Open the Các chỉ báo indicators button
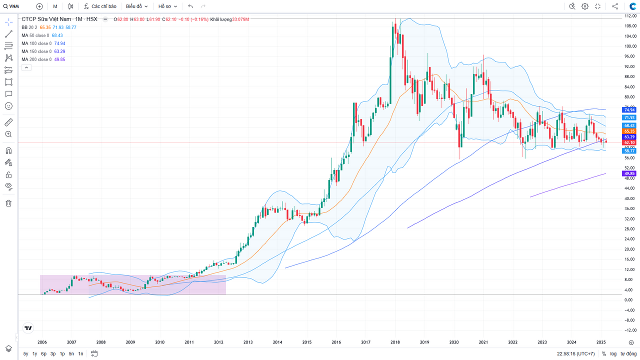[100, 6]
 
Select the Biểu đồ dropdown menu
[136, 6]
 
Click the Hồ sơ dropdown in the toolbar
[167, 6]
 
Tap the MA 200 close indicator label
[35, 59]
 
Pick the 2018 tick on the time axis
[395, 342]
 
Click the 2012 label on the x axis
[218, 342]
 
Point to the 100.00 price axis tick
[629, 46]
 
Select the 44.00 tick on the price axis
[629, 188]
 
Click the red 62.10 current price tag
[629, 142]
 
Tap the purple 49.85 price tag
[629, 173]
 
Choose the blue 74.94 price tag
[629, 109]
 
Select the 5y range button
[25, 353]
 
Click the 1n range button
[80, 353]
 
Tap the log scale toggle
[613, 353]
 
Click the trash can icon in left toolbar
[8, 203]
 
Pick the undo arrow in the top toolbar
[190, 6]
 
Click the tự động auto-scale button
[628, 353]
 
